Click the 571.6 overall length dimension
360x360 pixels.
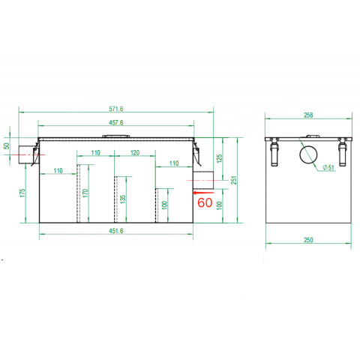pos(116,109)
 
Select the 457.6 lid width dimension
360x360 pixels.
pos(116,122)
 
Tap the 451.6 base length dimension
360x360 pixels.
pos(116,231)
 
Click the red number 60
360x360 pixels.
pos(205,202)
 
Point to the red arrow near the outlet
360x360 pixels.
pos(203,193)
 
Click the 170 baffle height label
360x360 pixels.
pos(85,193)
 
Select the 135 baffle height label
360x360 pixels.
pos(122,199)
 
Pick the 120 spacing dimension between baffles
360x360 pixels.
pos(135,153)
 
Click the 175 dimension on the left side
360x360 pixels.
pos(22,193)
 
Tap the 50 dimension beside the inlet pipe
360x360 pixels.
pos(7,145)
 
